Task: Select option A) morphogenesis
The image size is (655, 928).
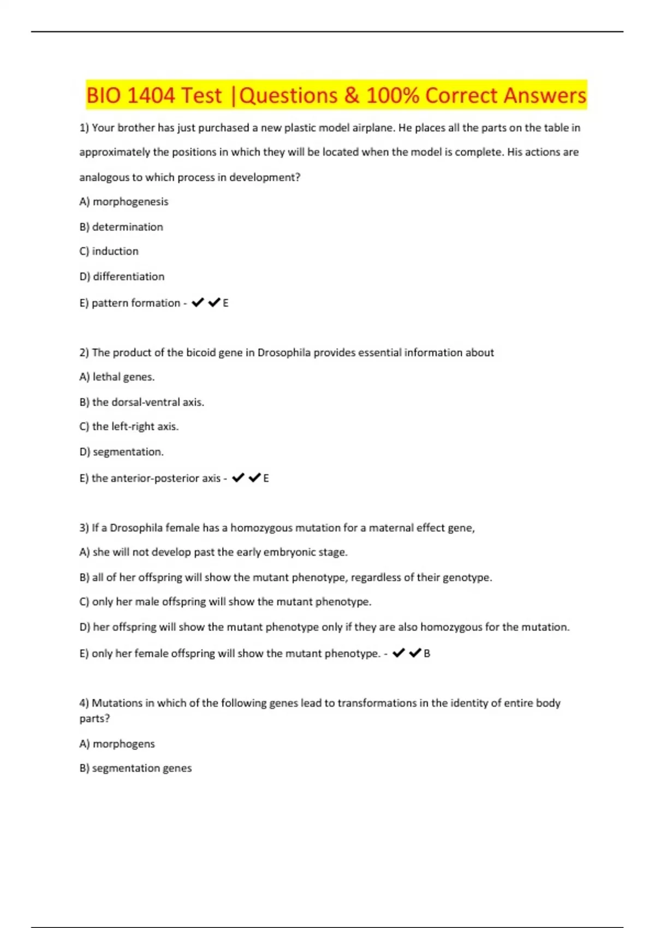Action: tap(124, 202)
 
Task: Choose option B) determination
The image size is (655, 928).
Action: tap(121, 227)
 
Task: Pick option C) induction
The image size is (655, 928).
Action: tap(109, 252)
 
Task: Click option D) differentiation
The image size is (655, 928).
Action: tap(122, 277)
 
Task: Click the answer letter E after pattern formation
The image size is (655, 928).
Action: tap(225, 303)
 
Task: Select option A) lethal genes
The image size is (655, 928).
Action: tap(117, 377)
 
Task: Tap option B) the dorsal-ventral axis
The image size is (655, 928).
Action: tap(142, 402)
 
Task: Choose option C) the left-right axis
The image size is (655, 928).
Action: tap(129, 427)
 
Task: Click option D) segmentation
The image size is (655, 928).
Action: tap(122, 452)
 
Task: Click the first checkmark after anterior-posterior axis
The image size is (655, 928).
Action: tap(238, 478)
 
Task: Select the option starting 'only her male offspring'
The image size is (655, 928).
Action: tap(225, 602)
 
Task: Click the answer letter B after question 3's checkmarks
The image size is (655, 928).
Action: tap(427, 653)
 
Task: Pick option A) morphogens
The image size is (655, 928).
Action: tap(117, 744)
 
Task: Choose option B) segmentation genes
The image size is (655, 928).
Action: tap(136, 769)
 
